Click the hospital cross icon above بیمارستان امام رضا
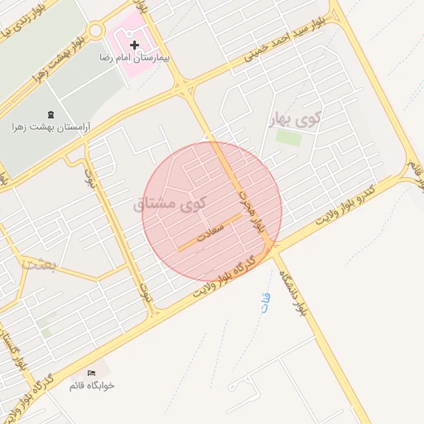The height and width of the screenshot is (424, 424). click(x=134, y=45)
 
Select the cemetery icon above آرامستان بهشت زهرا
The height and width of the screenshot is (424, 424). click(x=52, y=113)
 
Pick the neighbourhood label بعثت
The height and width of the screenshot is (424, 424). click(x=40, y=265)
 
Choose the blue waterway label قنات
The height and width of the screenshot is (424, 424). click(x=265, y=302)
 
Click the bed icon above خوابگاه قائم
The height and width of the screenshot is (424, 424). click(x=91, y=372)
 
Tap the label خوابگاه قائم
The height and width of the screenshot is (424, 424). click(x=92, y=385)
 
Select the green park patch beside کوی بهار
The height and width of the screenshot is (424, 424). click(x=288, y=137)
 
